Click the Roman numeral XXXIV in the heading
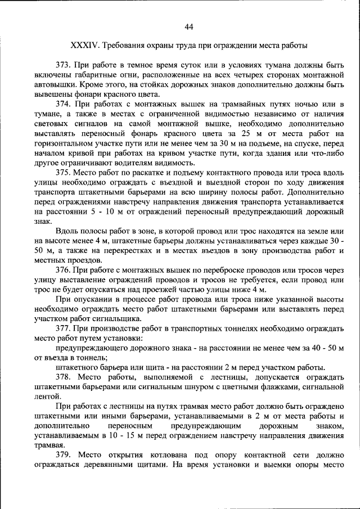[84, 45]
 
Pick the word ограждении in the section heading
[227, 45]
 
